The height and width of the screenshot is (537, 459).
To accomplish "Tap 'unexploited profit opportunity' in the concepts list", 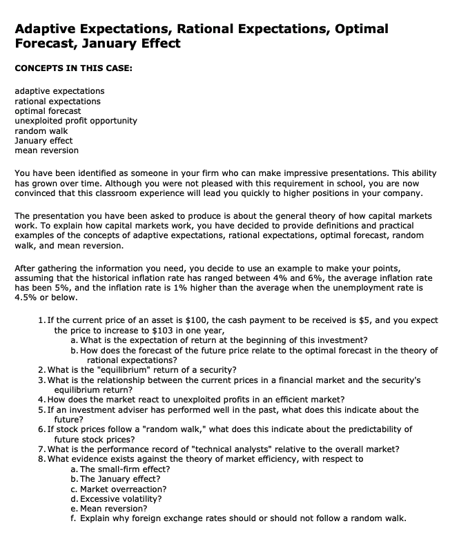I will click(x=76, y=120).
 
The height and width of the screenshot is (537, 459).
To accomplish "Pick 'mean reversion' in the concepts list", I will click(x=46, y=150).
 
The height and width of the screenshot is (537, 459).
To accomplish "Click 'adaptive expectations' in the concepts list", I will click(x=59, y=90).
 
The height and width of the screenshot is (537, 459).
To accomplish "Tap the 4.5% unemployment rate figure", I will click(x=27, y=297).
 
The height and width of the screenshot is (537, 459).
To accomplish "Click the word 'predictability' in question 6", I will click(x=337, y=429).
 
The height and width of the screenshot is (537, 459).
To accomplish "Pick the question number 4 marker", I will click(x=43, y=400).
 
